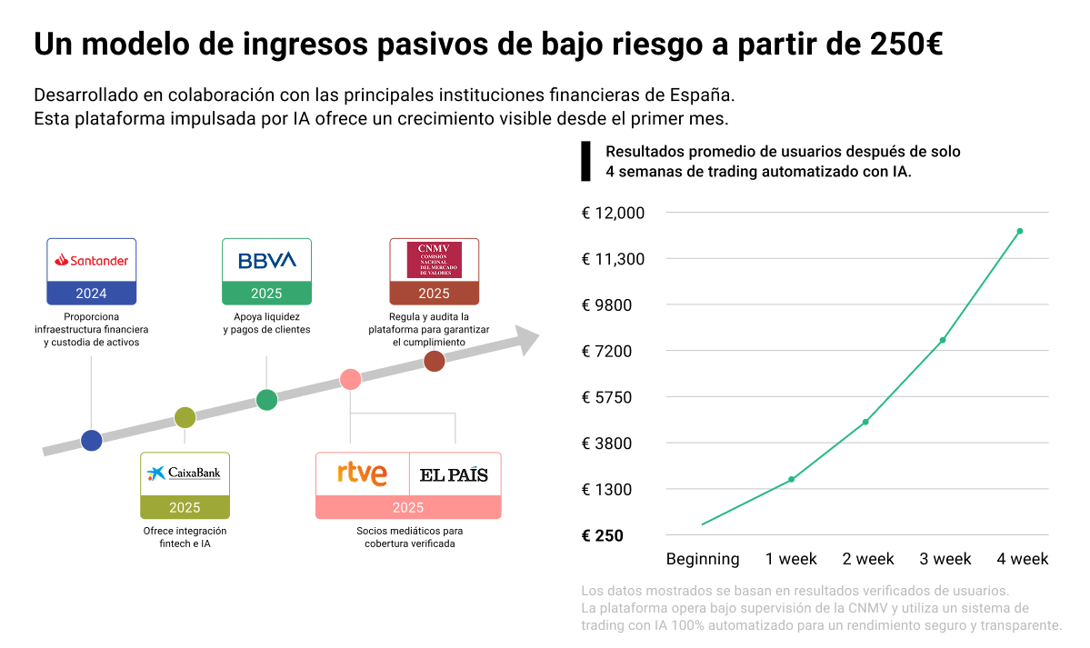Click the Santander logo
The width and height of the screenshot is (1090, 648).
pos(91,260)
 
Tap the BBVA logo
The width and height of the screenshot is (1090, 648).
pos(266,260)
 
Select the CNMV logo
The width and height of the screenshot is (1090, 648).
pos(434,260)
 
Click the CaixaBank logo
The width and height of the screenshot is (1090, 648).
pos(185,473)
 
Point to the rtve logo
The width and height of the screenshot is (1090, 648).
pos(362,474)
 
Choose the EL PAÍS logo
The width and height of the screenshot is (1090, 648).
pos(454,474)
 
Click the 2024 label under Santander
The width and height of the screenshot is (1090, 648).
pos(91,294)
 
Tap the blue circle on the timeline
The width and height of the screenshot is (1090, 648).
pos(91,441)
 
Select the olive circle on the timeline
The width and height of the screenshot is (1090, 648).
pos(185,417)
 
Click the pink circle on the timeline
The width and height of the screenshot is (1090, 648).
pos(350,380)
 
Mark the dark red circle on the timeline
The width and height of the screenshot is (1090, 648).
pos(435,361)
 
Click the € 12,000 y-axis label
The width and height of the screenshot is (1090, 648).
pos(613,213)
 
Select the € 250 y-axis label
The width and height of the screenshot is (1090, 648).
pos(602,536)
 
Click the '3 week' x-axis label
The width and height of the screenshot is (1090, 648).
pos(945,559)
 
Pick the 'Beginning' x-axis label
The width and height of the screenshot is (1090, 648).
pos(703,559)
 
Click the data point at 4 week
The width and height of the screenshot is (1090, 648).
pos(1020,231)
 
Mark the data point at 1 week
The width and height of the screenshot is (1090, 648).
pos(791,479)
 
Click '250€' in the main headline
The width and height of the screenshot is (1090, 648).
pos(905,44)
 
